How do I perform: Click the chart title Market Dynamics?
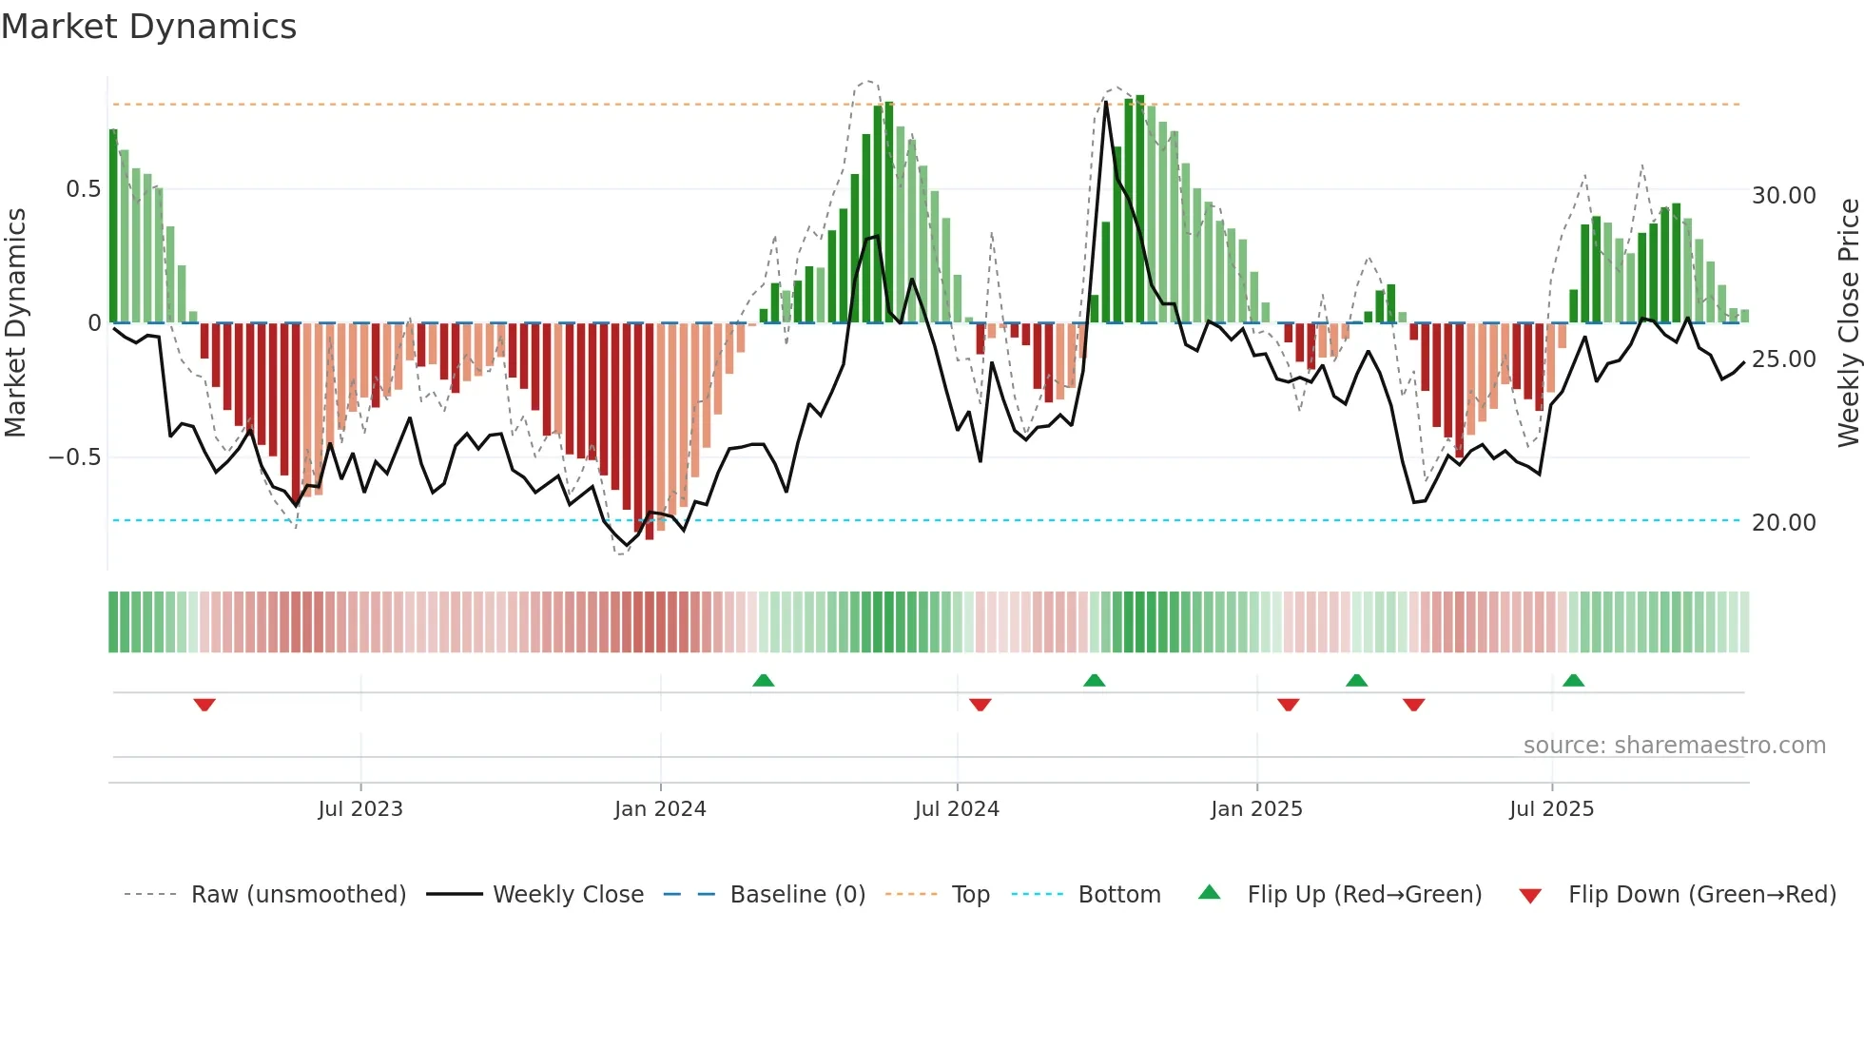coord(148,27)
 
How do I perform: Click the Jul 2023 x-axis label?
coord(360,809)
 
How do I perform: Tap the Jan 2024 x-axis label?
coord(660,809)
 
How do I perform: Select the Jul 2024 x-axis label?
coord(957,809)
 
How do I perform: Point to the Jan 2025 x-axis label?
coord(1256,809)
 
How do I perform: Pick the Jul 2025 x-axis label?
coord(1551,809)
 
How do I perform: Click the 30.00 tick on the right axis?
coord(1783,196)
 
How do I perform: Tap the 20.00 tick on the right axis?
coord(1783,523)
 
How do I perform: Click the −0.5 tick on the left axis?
coord(75,457)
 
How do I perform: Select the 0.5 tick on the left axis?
coord(83,189)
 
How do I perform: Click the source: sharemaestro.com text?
coord(1674,746)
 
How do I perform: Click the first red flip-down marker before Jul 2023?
coord(204,705)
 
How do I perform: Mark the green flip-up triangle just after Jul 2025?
coord(1573,680)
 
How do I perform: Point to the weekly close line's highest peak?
coord(1105,102)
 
